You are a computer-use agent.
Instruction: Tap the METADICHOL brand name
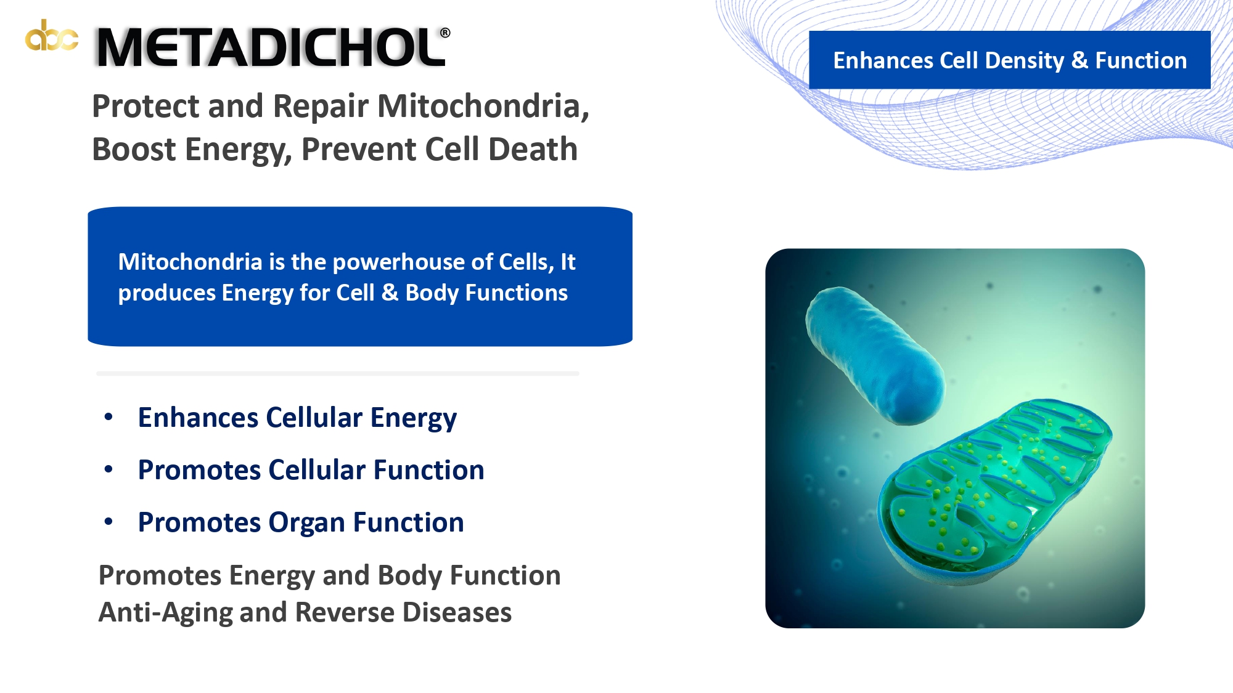pyautogui.click(x=271, y=48)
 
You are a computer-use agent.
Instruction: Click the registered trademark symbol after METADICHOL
pyautogui.click(x=445, y=33)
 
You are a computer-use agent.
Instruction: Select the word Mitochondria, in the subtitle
pyautogui.click(x=483, y=106)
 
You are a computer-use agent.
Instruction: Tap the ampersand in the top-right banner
pyautogui.click(x=1079, y=60)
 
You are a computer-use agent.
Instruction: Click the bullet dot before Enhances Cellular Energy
pyautogui.click(x=109, y=417)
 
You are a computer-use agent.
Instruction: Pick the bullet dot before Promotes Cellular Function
pyautogui.click(x=109, y=469)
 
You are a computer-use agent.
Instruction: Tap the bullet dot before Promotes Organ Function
pyautogui.click(x=109, y=522)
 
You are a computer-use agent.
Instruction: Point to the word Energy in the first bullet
pyautogui.click(x=414, y=418)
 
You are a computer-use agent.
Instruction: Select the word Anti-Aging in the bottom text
pyautogui.click(x=165, y=613)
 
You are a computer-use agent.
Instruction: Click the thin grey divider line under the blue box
pyautogui.click(x=338, y=373)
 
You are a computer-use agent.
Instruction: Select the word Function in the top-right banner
pyautogui.click(x=1141, y=60)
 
